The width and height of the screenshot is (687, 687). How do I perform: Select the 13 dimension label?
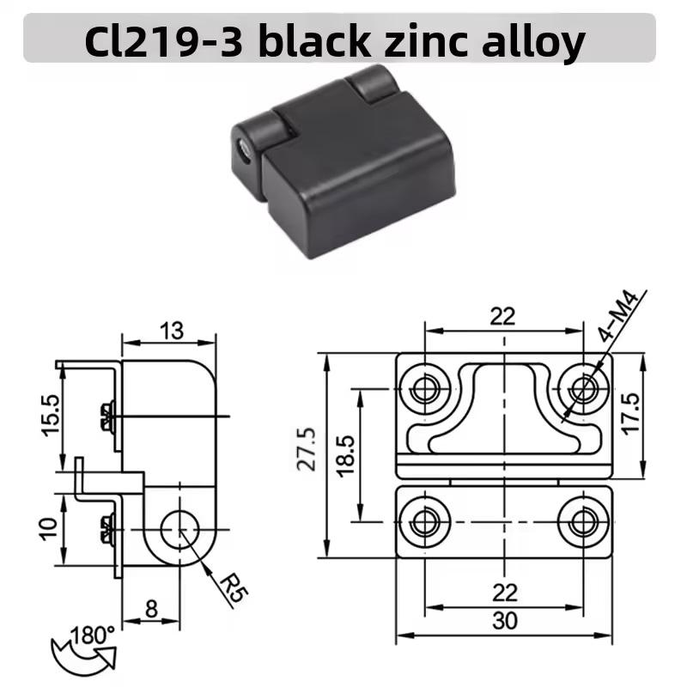[172, 331]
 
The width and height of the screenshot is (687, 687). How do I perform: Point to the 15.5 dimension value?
[52, 415]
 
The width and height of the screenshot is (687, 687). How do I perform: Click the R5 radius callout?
[233, 588]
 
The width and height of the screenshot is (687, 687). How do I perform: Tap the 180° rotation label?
[92, 635]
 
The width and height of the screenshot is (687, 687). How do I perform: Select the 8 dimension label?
[151, 609]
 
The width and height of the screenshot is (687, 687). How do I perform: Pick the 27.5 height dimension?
[307, 449]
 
